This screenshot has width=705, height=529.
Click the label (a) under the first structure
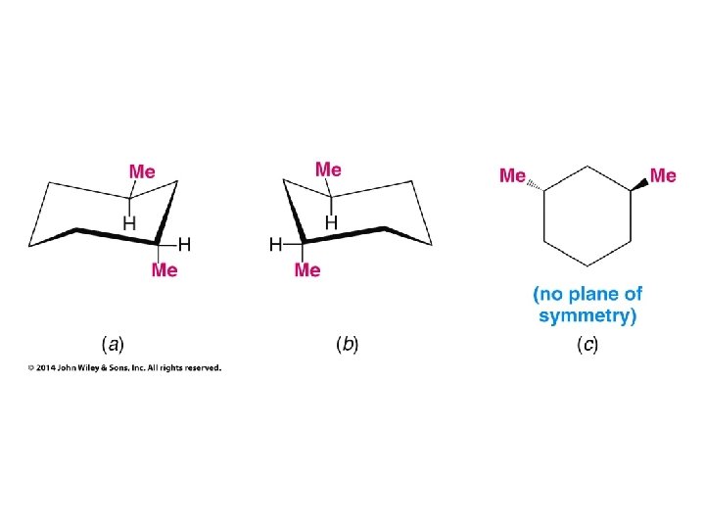pyautogui.click(x=113, y=344)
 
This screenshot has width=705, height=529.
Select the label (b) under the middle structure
pyautogui.click(x=347, y=344)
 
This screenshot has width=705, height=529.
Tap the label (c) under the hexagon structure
pyautogui.click(x=588, y=344)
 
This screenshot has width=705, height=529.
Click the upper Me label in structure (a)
pyautogui.click(x=143, y=170)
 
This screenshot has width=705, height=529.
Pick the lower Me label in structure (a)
pyautogui.click(x=164, y=269)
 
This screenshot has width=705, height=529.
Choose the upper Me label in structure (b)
pyautogui.click(x=328, y=168)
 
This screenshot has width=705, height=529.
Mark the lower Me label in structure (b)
pyautogui.click(x=307, y=269)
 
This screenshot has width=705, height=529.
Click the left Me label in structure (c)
pyautogui.click(x=512, y=175)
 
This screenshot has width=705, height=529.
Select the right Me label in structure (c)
pyautogui.click(x=663, y=175)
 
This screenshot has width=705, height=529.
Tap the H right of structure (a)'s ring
pyautogui.click(x=184, y=242)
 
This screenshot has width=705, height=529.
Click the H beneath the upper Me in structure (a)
pyautogui.click(x=128, y=223)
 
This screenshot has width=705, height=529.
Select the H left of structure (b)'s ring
pyautogui.click(x=276, y=242)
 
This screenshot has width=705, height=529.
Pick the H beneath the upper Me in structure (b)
pyautogui.click(x=331, y=223)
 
